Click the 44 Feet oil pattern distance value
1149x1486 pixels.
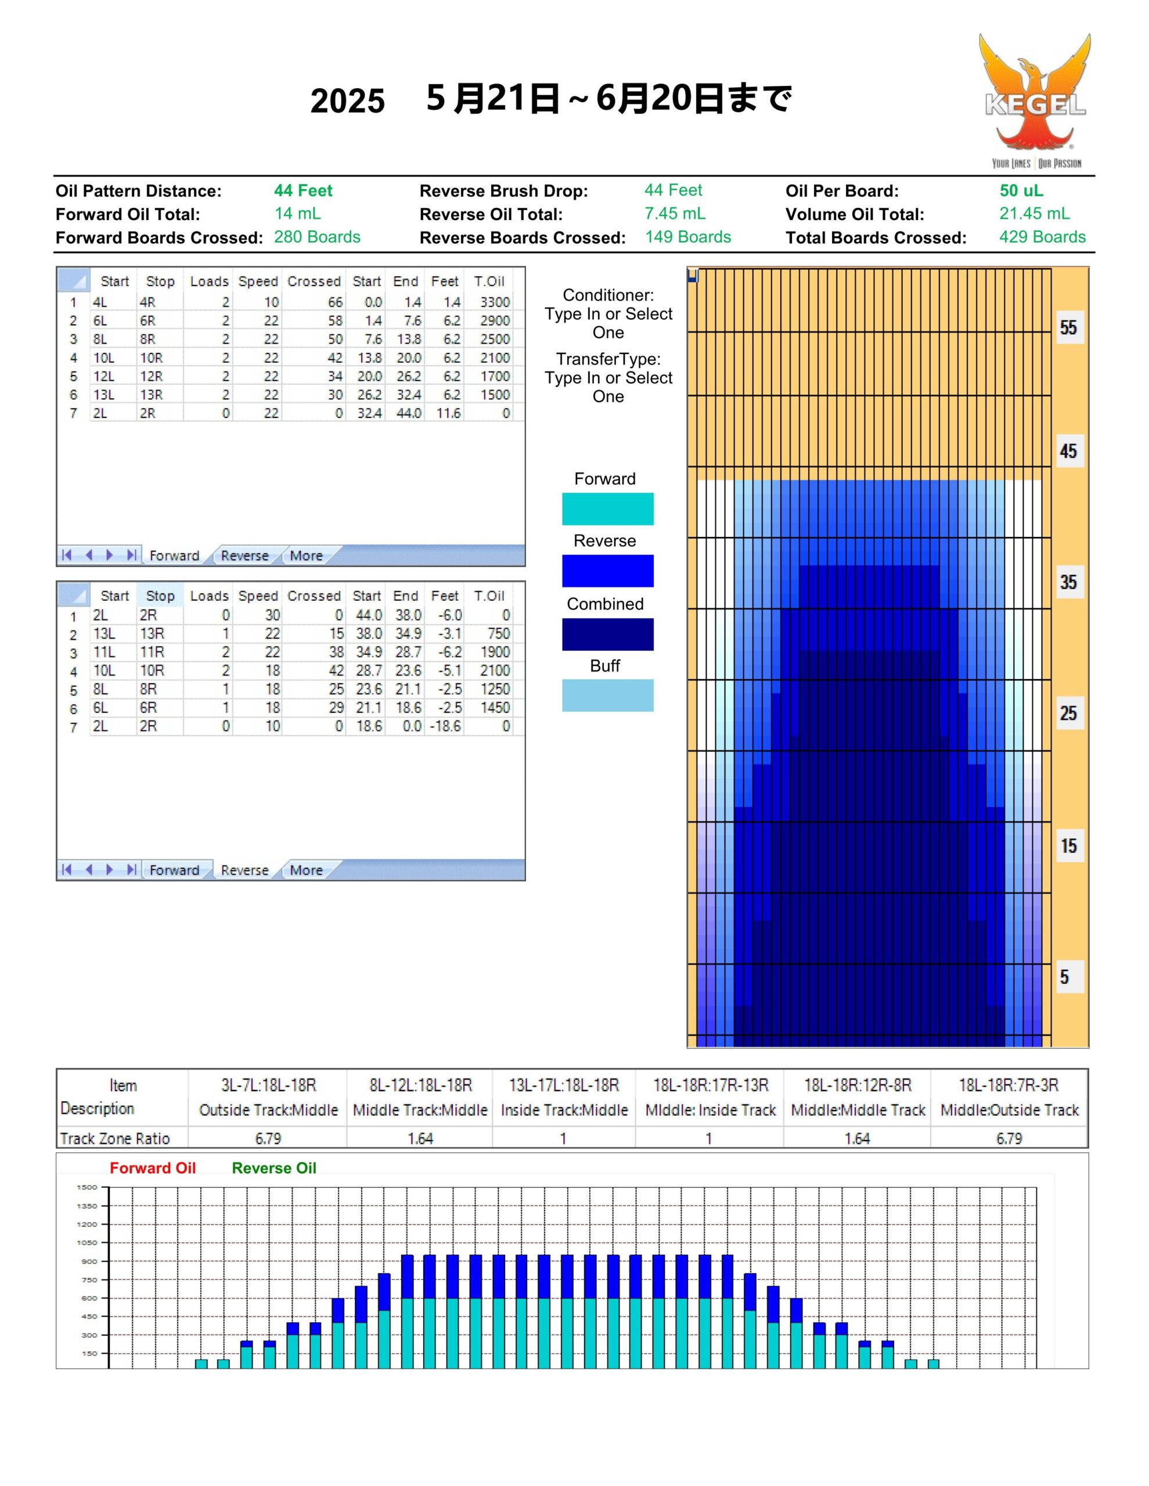click(303, 190)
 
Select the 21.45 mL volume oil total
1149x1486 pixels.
click(1034, 214)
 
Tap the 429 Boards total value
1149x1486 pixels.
click(1042, 237)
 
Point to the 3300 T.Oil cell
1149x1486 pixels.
click(495, 302)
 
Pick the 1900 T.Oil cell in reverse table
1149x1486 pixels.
click(495, 652)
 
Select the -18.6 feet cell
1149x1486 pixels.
click(445, 726)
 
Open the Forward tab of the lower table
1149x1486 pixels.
click(174, 870)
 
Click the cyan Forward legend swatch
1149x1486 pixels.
click(607, 509)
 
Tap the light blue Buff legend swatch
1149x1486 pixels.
click(607, 695)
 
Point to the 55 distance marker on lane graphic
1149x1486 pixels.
click(1068, 328)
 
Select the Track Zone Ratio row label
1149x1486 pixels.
click(114, 1138)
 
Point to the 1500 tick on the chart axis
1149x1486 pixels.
click(87, 1187)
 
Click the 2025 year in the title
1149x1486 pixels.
click(348, 100)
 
